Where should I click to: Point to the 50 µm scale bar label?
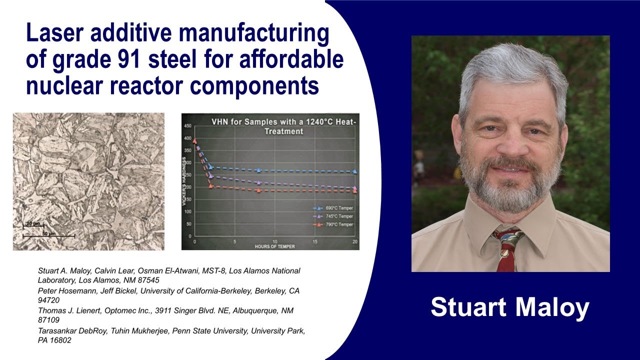(x=48, y=233)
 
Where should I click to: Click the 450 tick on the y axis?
(x=187, y=125)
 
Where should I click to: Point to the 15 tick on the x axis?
(x=315, y=241)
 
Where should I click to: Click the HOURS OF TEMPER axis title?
(x=274, y=246)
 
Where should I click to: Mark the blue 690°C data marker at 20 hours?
(x=354, y=171)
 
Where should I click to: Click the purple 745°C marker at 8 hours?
(x=258, y=182)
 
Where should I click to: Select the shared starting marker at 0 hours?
(x=195, y=141)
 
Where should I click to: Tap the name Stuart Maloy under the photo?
(x=510, y=307)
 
